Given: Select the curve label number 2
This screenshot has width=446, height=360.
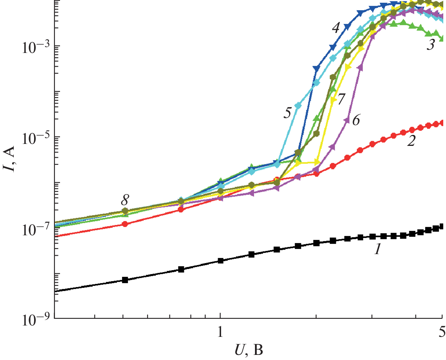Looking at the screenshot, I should [x=411, y=142].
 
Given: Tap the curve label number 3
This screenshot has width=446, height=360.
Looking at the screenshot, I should [x=430, y=45].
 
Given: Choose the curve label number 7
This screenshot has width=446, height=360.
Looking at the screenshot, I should [x=341, y=99].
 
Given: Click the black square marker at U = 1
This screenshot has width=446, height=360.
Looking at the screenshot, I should [x=220, y=261].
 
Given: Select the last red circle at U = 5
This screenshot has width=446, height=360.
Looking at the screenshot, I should [x=442, y=123].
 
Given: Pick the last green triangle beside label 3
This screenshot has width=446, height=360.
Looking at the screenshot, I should [x=442, y=38].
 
